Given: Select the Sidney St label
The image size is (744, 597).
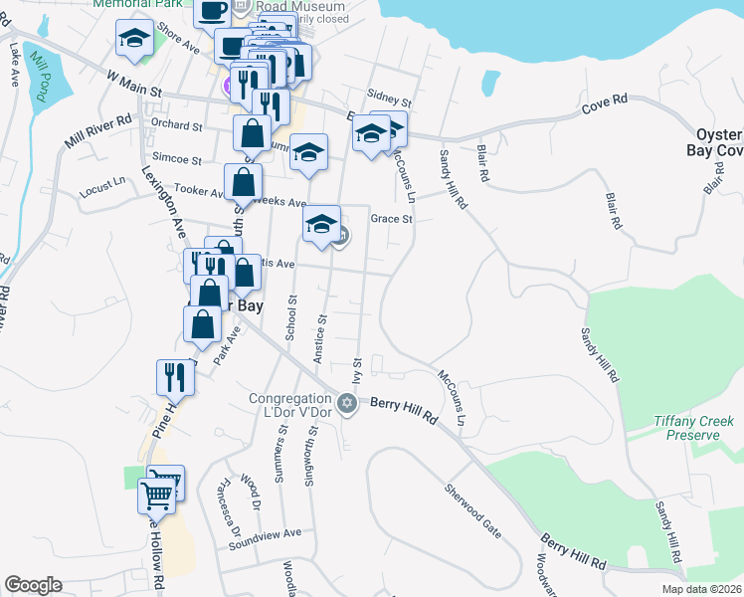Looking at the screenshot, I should (389, 100).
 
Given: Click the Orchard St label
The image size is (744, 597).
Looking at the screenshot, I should (176, 126).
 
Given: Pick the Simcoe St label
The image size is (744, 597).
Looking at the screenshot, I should (177, 159).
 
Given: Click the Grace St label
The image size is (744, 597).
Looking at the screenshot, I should (391, 219).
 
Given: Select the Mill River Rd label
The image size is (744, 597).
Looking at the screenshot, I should (98, 131).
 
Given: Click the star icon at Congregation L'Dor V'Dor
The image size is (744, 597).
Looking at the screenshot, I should (347, 403).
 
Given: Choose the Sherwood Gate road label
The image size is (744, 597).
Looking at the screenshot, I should (472, 509).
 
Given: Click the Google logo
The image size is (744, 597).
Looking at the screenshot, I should (33, 585).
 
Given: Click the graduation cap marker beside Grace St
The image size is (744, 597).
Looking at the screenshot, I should (321, 224).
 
